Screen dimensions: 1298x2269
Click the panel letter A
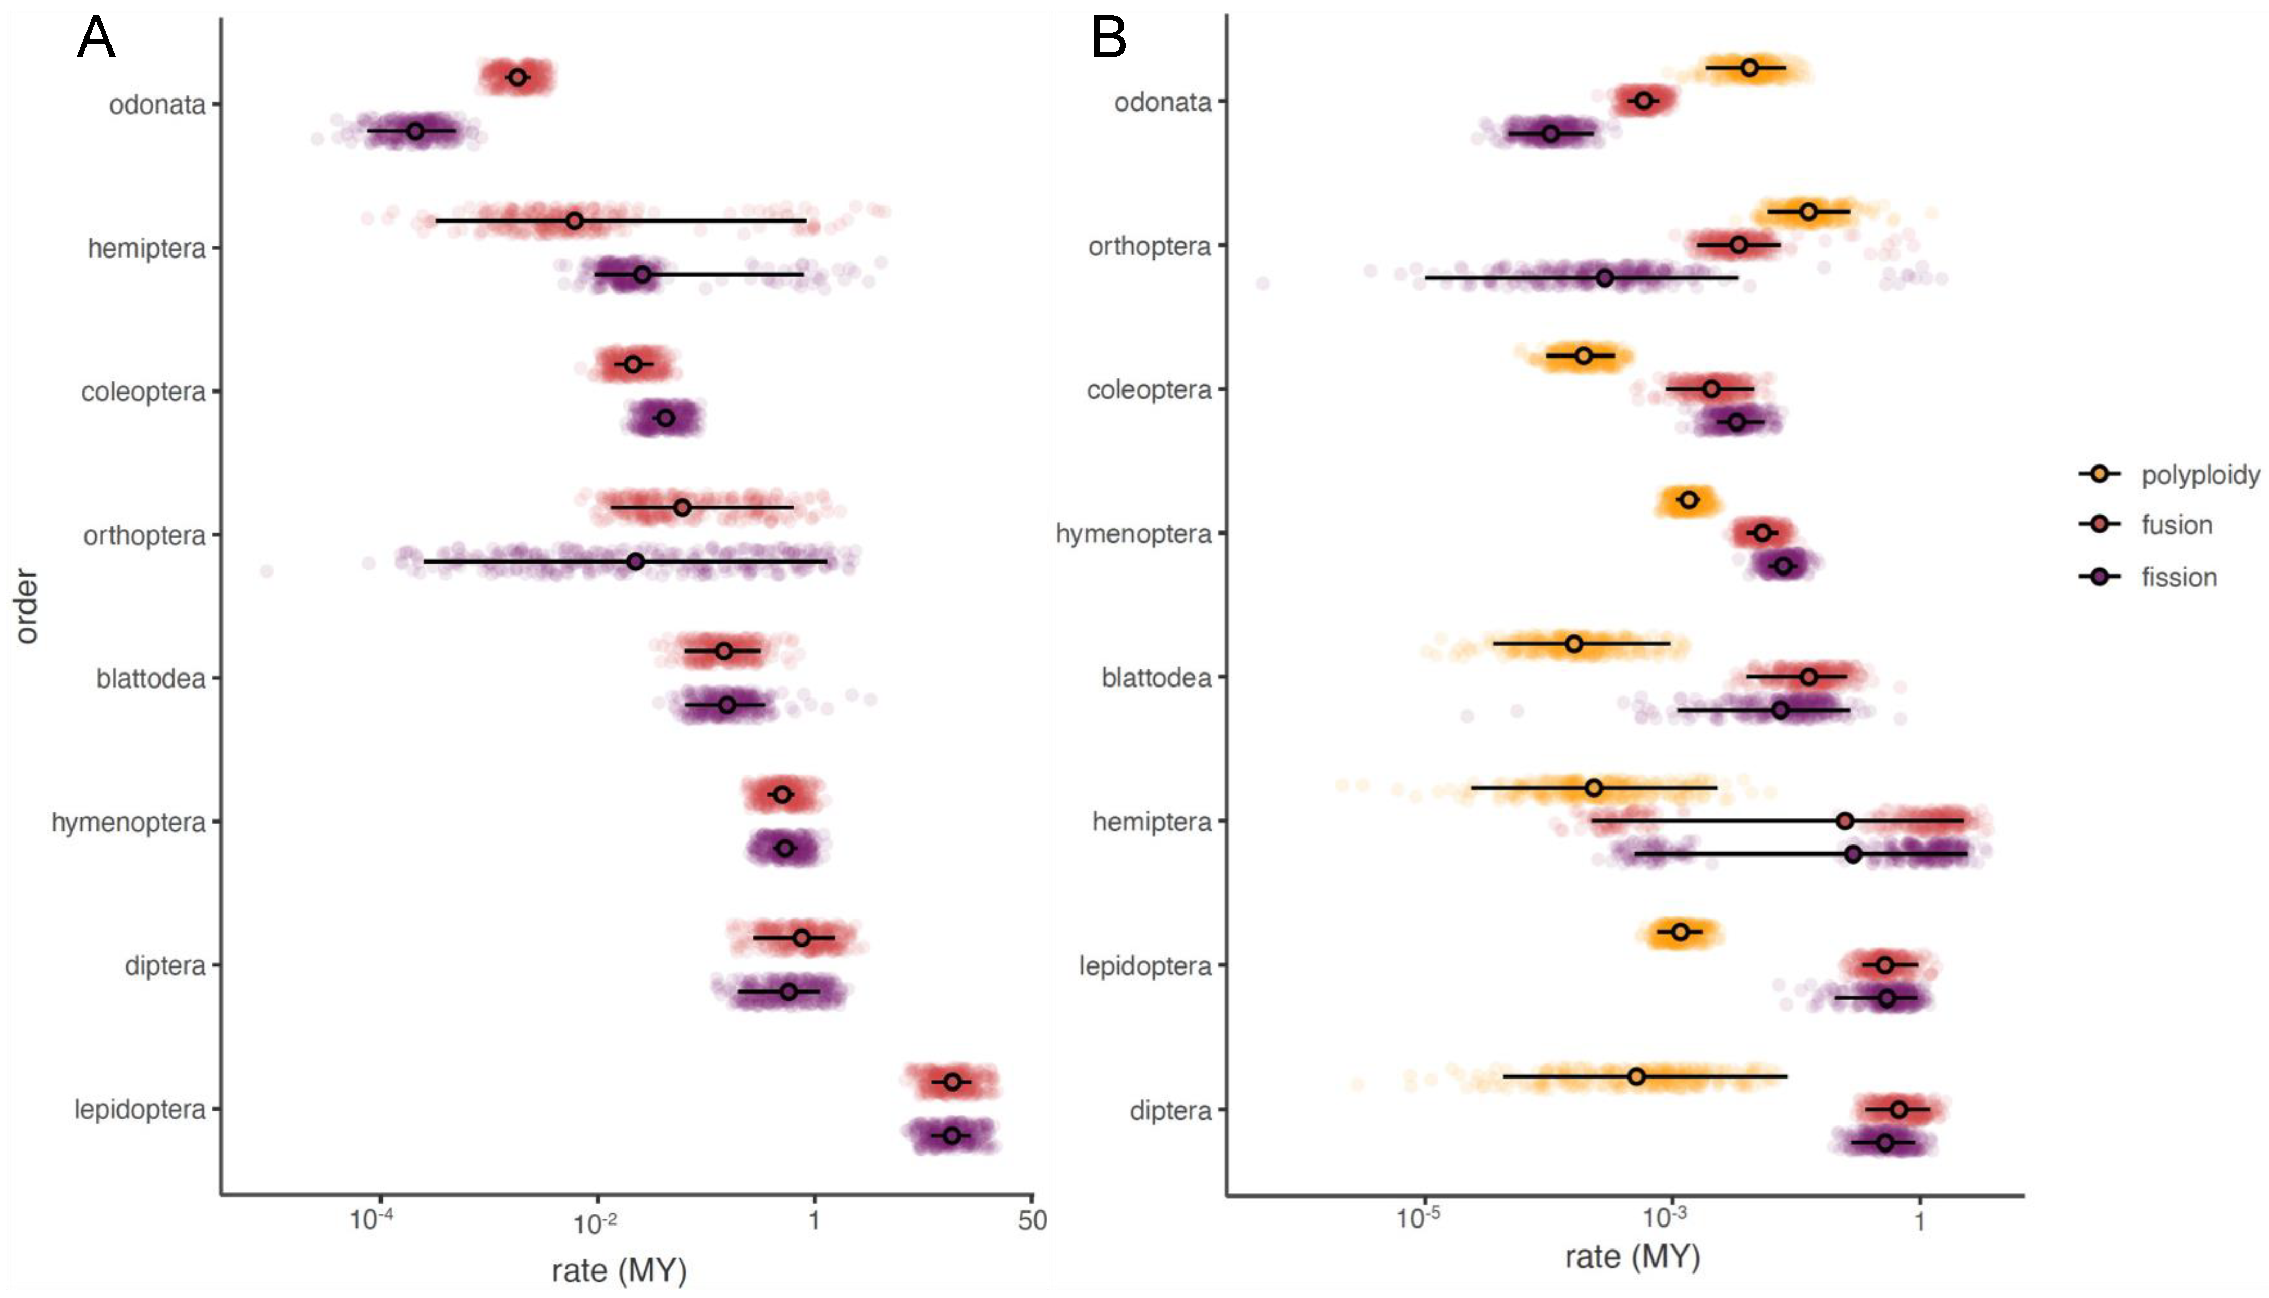[96, 39]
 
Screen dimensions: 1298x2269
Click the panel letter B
[1108, 39]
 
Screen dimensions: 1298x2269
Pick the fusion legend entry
[2176, 525]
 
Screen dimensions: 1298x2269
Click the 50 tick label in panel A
[1032, 1220]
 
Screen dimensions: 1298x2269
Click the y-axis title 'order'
[27, 606]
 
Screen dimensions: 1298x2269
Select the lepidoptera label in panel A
[140, 1110]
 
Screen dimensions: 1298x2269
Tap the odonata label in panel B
[1162, 103]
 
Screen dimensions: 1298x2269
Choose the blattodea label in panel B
[1156, 678]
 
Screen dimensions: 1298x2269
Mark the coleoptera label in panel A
[143, 392]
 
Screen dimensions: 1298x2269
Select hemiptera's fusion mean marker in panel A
[574, 220]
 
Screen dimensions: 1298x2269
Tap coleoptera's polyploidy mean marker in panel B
[1583, 356]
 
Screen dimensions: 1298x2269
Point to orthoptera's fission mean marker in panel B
[1604, 278]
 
